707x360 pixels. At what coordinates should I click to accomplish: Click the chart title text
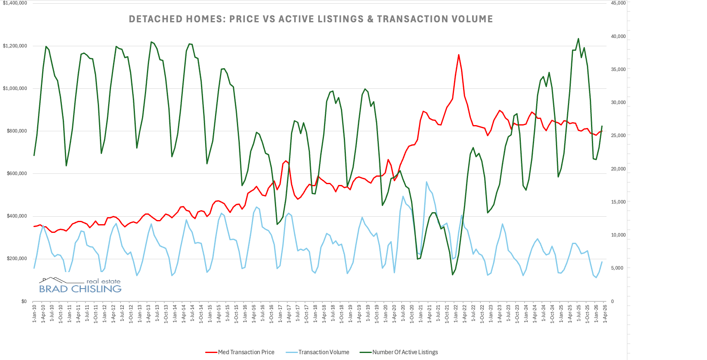pyautogui.click(x=311, y=19)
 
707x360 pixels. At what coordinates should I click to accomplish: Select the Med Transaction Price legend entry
pyautogui.click(x=246, y=352)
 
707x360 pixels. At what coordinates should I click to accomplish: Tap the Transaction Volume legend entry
pyautogui.click(x=324, y=352)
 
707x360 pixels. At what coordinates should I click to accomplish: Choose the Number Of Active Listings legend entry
pyautogui.click(x=405, y=352)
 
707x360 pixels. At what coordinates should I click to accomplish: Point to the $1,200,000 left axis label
pyautogui.click(x=15, y=46)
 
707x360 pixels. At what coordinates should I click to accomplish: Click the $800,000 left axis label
pyautogui.click(x=17, y=131)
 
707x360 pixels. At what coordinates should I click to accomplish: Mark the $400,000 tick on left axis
pyautogui.click(x=17, y=216)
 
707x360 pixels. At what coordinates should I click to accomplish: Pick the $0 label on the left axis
pyautogui.click(x=24, y=301)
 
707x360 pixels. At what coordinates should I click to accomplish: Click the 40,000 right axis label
pyautogui.click(x=618, y=36)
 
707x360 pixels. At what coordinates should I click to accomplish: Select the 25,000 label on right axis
pyautogui.click(x=618, y=135)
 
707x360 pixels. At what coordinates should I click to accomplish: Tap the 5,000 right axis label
pyautogui.click(x=617, y=268)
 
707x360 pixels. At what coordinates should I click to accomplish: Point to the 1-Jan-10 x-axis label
pyautogui.click(x=34, y=314)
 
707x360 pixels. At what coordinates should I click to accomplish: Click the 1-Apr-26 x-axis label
pyautogui.click(x=605, y=314)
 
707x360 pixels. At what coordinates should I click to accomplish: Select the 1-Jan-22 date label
pyautogui.click(x=456, y=314)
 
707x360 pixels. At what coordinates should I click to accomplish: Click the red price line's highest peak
pyautogui.click(x=459, y=54)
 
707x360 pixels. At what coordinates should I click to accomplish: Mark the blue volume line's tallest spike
pyautogui.click(x=426, y=182)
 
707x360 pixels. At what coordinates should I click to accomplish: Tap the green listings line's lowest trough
pyautogui.click(x=453, y=275)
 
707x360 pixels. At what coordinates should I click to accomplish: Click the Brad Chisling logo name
pyautogui.click(x=80, y=289)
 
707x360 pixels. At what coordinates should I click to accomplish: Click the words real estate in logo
pyautogui.click(x=103, y=282)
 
